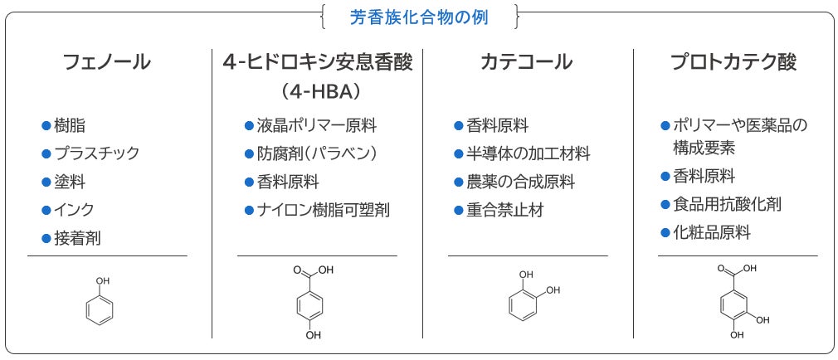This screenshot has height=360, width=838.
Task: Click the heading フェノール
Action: coord(107,62)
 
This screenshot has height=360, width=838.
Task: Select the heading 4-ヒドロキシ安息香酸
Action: coord(317,62)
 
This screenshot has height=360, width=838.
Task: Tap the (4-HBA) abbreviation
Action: coord(318,89)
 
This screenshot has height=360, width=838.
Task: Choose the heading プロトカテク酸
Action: coord(733,62)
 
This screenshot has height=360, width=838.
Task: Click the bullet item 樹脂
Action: coord(70,126)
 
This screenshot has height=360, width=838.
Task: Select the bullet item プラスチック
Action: coord(96,153)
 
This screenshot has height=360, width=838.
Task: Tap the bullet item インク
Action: coord(74,209)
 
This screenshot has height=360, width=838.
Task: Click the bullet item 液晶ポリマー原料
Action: coord(316,126)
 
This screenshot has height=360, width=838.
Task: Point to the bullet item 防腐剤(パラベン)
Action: coord(316,153)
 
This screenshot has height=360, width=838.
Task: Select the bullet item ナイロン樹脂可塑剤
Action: coord(323,210)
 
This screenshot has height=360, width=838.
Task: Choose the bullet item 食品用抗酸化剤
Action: coord(727,204)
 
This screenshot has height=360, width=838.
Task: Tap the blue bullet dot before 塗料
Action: coord(46,182)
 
